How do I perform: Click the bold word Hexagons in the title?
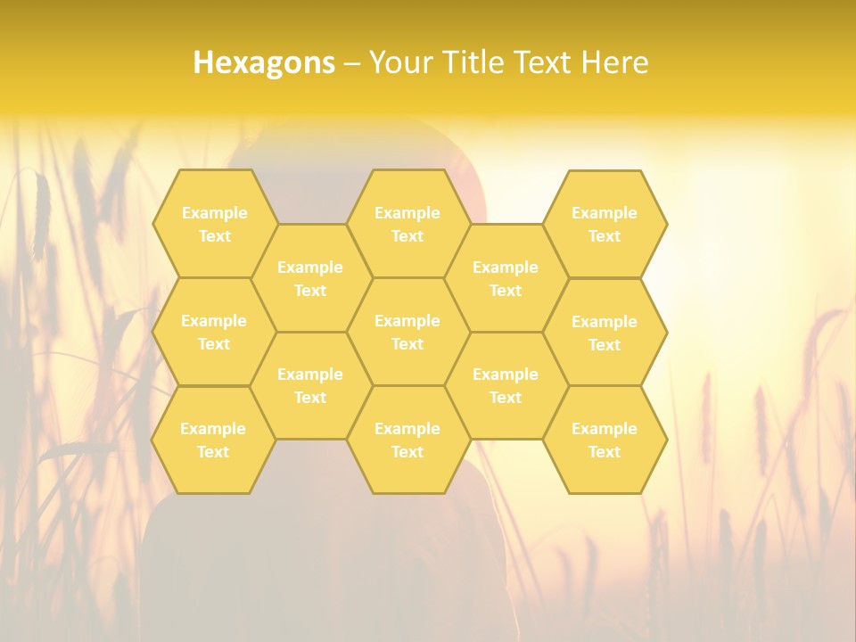click(264, 62)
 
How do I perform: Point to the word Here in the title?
click(614, 62)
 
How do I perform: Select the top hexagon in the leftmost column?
click(214, 224)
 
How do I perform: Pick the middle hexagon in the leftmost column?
click(214, 332)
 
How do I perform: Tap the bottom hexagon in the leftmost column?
click(213, 440)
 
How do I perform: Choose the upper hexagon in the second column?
click(310, 278)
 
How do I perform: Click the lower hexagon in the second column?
click(310, 385)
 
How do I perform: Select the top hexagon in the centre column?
click(407, 224)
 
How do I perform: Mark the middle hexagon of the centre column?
click(407, 332)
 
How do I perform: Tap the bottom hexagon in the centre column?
click(407, 440)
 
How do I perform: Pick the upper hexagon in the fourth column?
click(506, 278)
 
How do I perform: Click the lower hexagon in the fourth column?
click(506, 385)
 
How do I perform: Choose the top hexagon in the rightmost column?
click(605, 224)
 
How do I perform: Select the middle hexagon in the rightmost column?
click(605, 333)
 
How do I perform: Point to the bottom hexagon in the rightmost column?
click(605, 440)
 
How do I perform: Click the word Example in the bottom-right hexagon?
click(605, 429)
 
